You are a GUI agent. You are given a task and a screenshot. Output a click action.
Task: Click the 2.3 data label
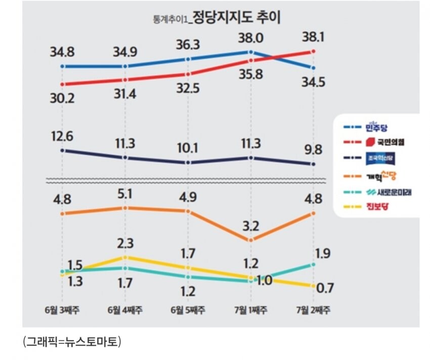coord(125,243)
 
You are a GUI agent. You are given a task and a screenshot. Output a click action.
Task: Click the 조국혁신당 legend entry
coord(380,158)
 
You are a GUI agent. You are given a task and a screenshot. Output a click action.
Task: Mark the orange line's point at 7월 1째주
coord(251,240)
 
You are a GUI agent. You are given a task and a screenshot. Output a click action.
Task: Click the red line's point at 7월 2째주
coord(314,51)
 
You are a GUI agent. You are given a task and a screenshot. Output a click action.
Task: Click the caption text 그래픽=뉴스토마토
coord(72,342)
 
